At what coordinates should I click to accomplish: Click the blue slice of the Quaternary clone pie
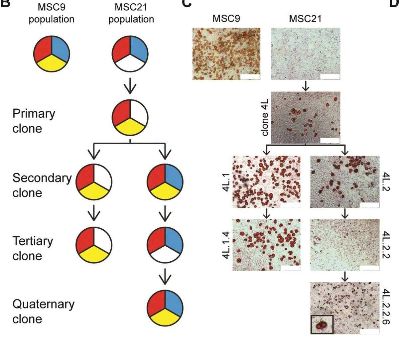pos(173,301)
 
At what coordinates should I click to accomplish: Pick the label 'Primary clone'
pos(34,121)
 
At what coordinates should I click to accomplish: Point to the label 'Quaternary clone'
pos(43,311)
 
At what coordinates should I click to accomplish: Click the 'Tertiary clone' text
pos(33,248)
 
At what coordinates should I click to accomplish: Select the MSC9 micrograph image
pos(226,54)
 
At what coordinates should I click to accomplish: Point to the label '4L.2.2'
pos(386,245)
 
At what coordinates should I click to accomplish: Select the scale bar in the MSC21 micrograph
pos(330,77)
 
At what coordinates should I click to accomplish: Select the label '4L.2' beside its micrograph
pos(386,182)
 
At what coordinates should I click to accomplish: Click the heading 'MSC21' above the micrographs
pos(305,19)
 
